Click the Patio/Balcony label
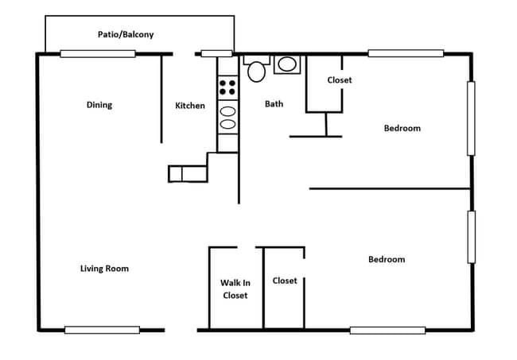pos(126,35)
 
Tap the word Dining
pos(99,105)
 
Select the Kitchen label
pos(190,106)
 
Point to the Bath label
pos(274,104)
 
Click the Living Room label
pos(104,269)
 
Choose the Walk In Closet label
pos(235,289)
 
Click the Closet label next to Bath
pos(340,80)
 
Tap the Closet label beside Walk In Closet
pos(285,281)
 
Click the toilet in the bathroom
pos(256,70)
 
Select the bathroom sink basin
pos(287,64)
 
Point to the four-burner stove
pos(227,87)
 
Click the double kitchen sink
pos(227,118)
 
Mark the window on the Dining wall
pos(98,54)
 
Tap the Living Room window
pos(102,330)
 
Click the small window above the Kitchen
pos(216,54)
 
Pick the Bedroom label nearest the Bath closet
pos(402,128)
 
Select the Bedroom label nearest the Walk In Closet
pos(386,259)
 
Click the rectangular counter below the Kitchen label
pos(187,174)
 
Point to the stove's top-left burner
pos(223,82)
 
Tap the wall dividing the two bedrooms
pos(390,188)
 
